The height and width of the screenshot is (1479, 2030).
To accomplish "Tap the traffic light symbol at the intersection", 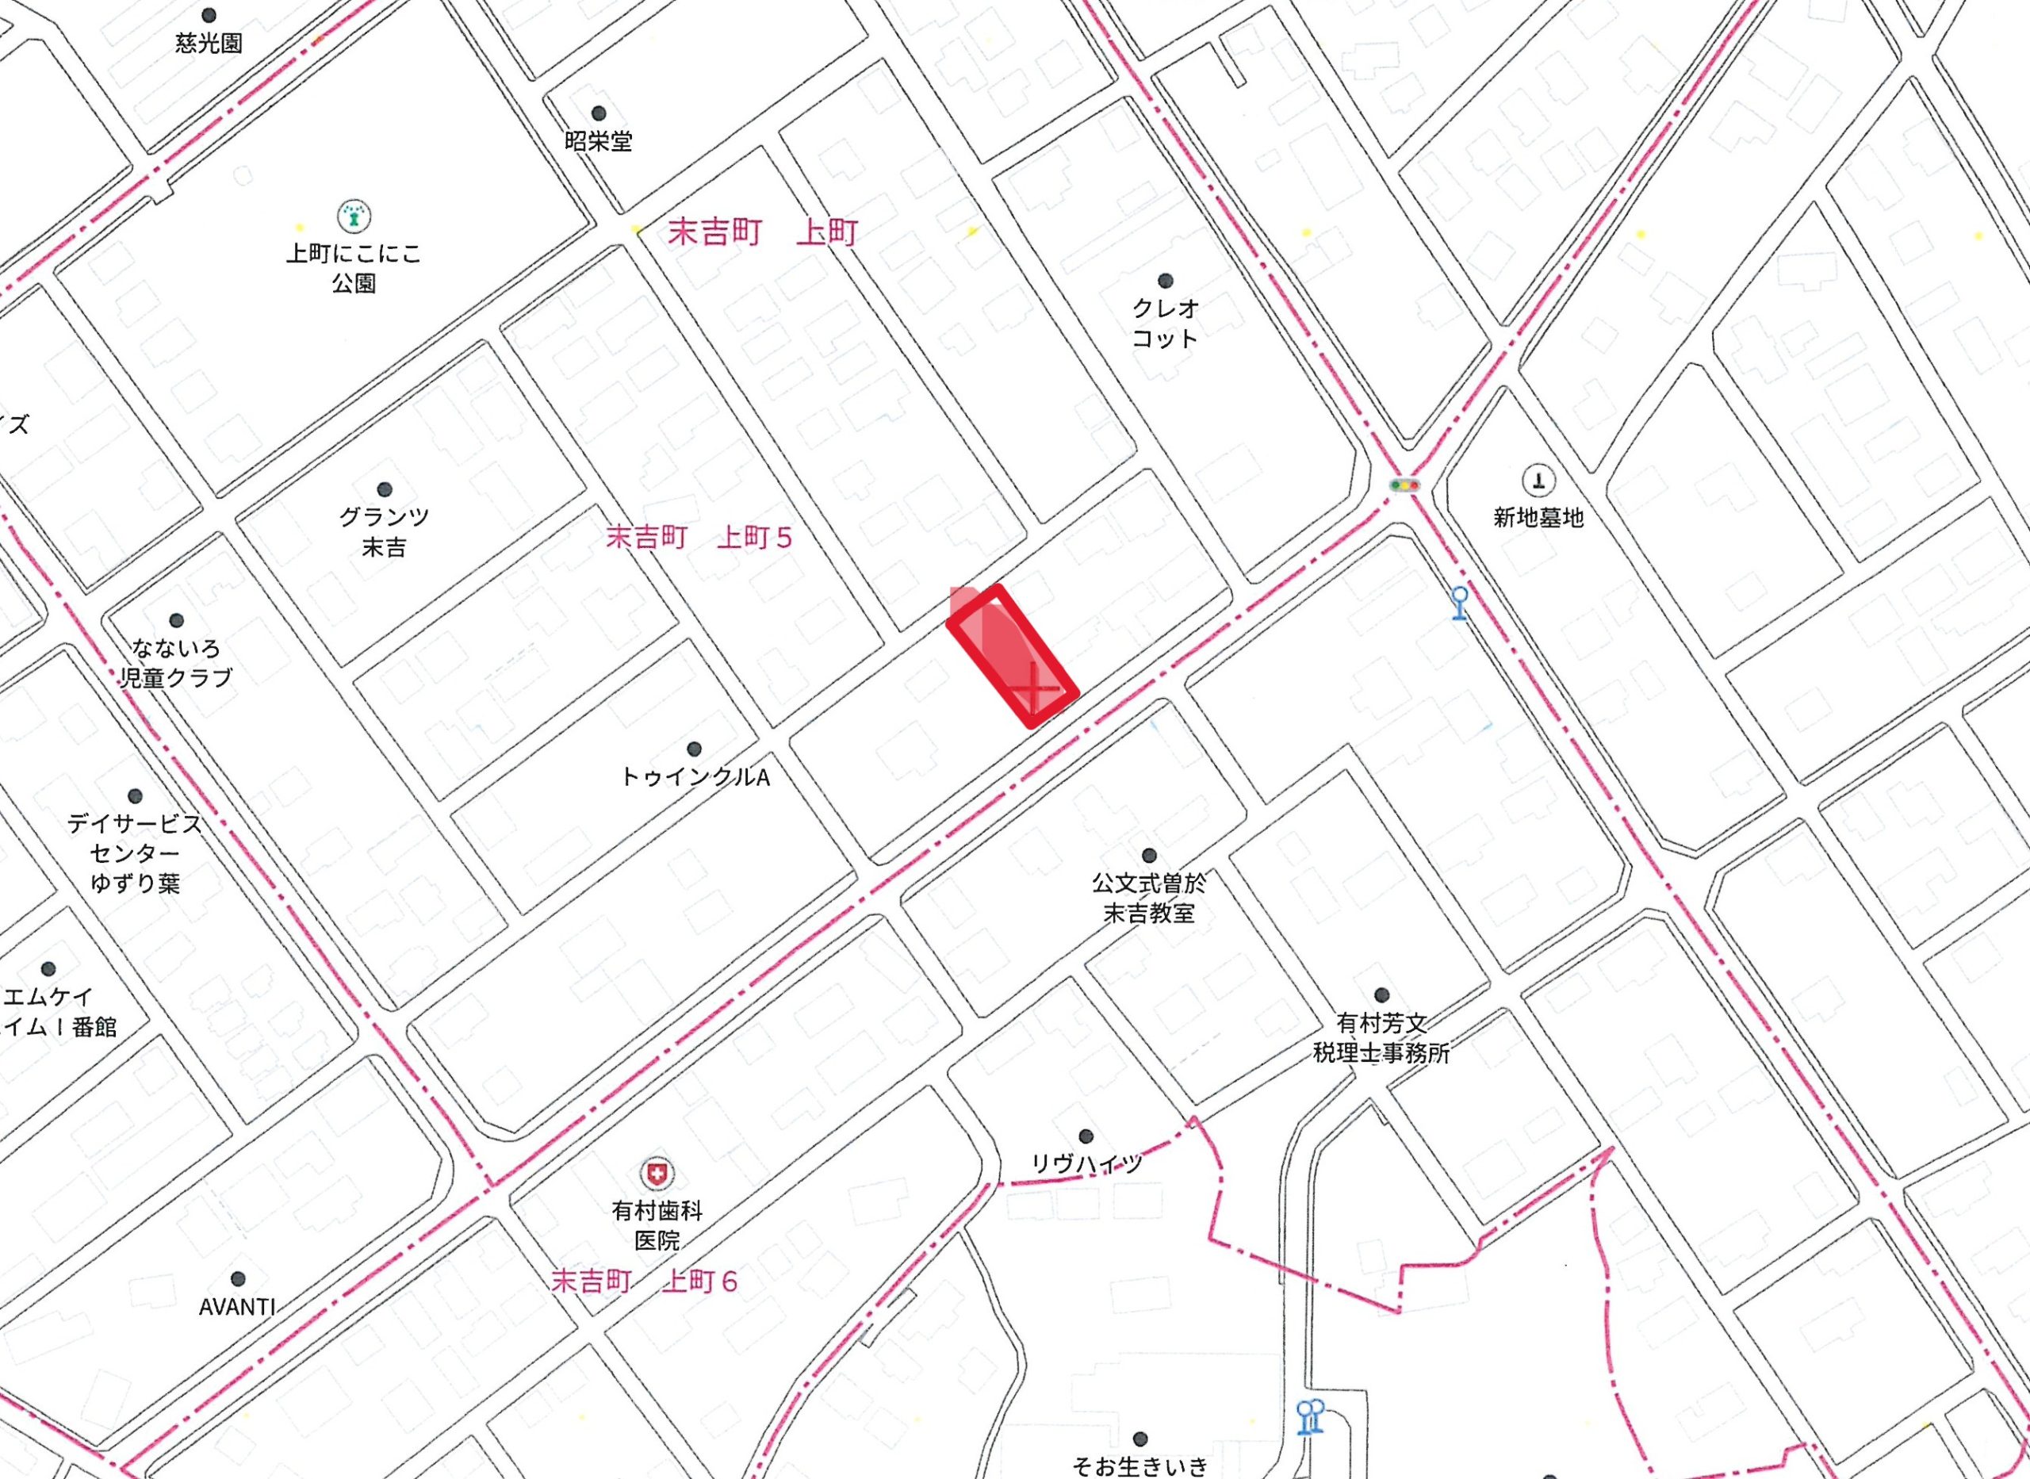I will (1404, 485).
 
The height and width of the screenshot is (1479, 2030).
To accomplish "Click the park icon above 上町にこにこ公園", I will (354, 215).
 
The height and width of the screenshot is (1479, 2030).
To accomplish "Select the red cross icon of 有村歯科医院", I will (657, 1173).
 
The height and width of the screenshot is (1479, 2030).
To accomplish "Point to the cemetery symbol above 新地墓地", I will (1538, 481).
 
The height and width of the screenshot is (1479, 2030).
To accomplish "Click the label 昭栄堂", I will (598, 141).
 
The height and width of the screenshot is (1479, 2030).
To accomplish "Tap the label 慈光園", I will (209, 43).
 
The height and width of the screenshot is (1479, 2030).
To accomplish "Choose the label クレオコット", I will (1165, 324).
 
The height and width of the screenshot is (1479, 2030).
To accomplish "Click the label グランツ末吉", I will (384, 532).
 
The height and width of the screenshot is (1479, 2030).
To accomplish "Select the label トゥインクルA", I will (695, 777).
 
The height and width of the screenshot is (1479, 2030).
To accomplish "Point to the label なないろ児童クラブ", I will (176, 662).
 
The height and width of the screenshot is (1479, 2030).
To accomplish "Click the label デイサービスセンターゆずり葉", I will (135, 853).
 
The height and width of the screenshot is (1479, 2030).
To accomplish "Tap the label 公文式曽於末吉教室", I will (1148, 899).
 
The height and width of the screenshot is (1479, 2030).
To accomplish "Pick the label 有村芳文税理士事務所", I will (1381, 1037).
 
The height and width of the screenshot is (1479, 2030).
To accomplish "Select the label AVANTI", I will (237, 1307).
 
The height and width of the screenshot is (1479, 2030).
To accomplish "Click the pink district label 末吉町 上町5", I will (699, 537).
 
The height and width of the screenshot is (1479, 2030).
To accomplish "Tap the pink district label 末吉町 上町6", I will (645, 1282).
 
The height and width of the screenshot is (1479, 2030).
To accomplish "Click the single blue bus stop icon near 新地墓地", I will (1460, 603).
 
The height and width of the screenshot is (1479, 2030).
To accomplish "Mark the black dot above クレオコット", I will (1166, 281).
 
